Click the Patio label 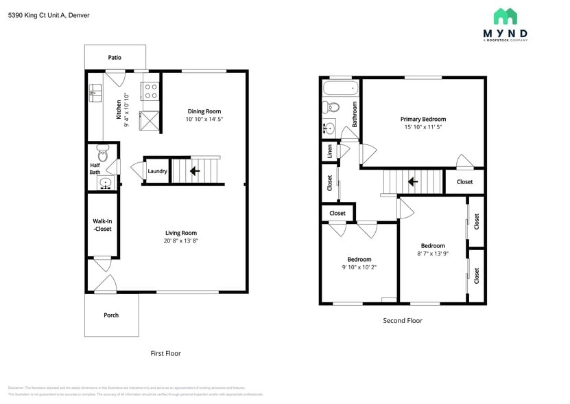tap(115, 57)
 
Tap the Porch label tap(111, 315)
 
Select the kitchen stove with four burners tap(150, 90)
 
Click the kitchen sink tap(94, 92)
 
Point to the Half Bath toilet tap(102, 151)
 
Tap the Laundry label tap(157, 171)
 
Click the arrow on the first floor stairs tap(195, 171)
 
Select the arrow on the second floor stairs tap(413, 182)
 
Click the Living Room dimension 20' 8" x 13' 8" tap(180, 241)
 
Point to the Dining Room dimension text tap(204, 120)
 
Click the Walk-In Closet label tap(102, 225)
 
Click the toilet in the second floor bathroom tap(333, 108)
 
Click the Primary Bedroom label tap(423, 119)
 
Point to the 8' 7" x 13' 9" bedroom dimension tap(433, 254)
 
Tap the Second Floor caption tap(402, 320)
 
